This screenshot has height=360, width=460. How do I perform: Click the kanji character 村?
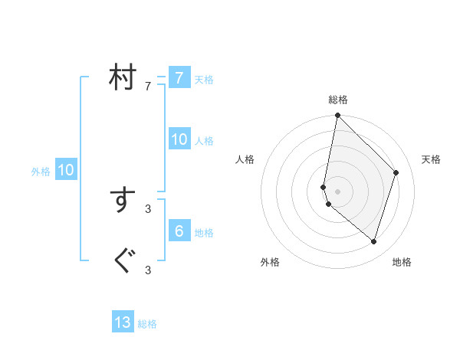(121, 78)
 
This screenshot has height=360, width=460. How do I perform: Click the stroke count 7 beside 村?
(148, 87)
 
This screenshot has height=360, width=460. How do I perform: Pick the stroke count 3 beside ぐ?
(148, 270)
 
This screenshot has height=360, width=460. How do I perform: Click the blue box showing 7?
(179, 78)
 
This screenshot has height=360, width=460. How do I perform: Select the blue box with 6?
(179, 231)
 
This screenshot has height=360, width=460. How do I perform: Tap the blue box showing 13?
(123, 322)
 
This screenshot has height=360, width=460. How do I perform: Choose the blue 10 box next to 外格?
(65, 171)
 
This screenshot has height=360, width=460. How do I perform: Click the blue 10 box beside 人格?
(179, 139)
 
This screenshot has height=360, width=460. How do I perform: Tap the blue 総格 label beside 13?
(147, 324)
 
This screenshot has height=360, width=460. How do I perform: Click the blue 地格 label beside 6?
(204, 233)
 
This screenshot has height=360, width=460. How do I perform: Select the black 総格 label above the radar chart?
(338, 100)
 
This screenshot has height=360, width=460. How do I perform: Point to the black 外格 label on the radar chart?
(270, 263)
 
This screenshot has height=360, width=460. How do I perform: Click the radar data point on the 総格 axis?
(338, 116)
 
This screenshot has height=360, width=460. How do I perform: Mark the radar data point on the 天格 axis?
(396, 172)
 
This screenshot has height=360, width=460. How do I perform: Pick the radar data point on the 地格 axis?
(373, 241)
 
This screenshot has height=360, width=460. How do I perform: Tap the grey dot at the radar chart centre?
(338, 191)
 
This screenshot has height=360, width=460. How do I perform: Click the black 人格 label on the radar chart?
(245, 159)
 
